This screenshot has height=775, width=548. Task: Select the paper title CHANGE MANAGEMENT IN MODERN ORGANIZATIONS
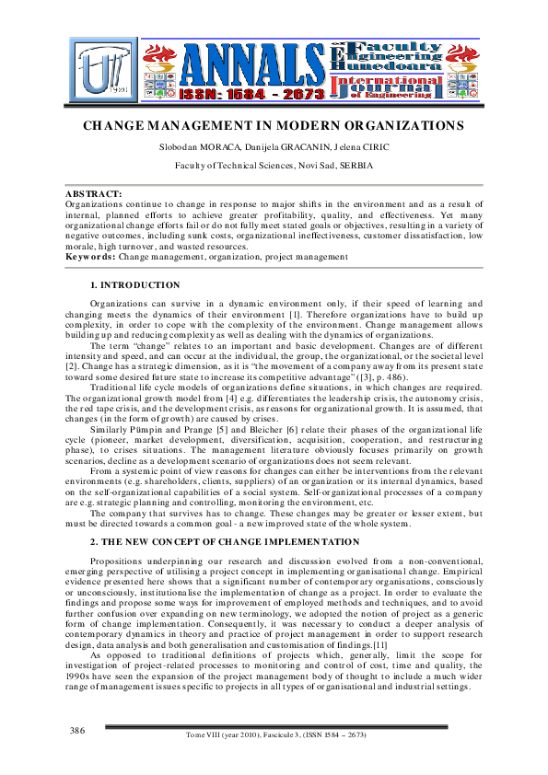click(274, 125)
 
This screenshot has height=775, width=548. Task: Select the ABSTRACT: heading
click(93, 193)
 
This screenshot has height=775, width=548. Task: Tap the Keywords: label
click(90, 257)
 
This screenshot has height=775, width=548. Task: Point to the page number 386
click(77, 730)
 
